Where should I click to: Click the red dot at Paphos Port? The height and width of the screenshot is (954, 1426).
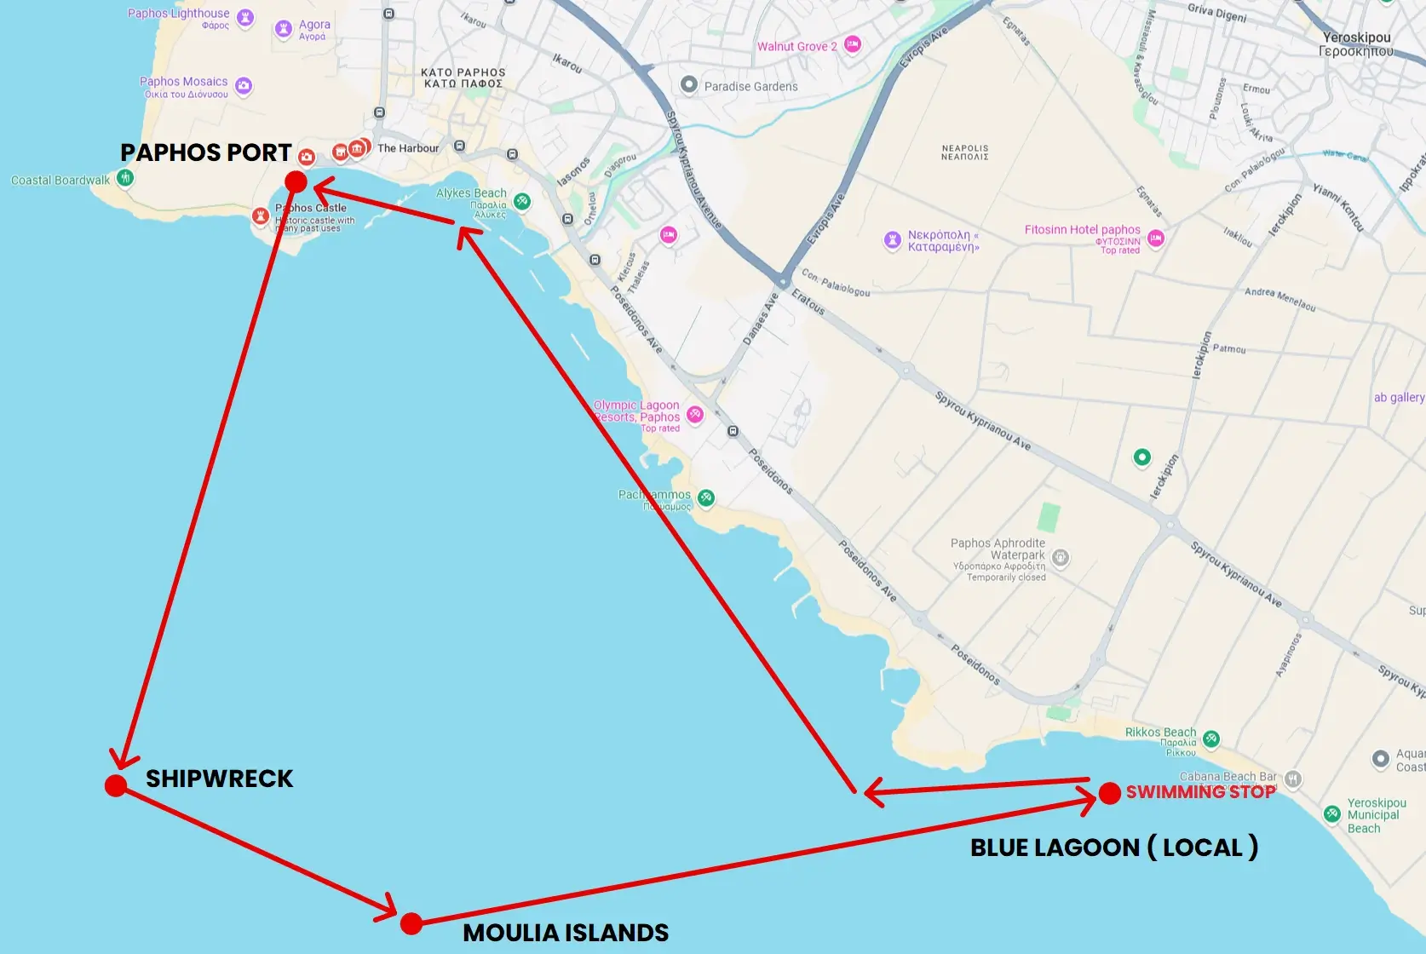click(x=296, y=181)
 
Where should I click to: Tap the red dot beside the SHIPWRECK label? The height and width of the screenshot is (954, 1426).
click(x=116, y=785)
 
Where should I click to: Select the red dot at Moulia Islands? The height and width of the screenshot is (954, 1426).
click(x=411, y=923)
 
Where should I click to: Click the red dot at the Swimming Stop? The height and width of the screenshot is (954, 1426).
click(x=1109, y=794)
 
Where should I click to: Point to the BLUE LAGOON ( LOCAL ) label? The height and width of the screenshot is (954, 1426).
click(x=1113, y=848)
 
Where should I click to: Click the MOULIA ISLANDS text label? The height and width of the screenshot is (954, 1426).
click(x=566, y=933)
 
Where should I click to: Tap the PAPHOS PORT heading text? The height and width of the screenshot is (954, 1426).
click(x=206, y=152)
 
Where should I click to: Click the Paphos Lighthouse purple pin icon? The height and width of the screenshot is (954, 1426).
click(x=245, y=18)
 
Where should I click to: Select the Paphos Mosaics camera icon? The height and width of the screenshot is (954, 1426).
click(x=244, y=85)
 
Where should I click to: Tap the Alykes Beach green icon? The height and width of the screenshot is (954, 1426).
click(x=522, y=201)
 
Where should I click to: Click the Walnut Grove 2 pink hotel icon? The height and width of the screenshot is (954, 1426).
click(x=853, y=44)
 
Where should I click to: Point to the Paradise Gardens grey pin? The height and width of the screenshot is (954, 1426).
click(x=689, y=84)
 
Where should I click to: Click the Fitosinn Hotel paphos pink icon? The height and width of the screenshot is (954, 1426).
click(x=1156, y=238)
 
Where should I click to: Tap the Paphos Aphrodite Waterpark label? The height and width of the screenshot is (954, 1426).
click(x=998, y=549)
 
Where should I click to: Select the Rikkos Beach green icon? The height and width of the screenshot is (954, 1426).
click(x=1211, y=738)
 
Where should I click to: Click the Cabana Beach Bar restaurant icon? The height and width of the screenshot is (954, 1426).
click(x=1293, y=778)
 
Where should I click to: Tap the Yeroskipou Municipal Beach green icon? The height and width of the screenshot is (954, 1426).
click(x=1332, y=813)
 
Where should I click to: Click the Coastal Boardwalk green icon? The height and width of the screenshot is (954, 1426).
click(x=125, y=178)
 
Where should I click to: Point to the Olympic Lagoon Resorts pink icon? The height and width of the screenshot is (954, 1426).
click(x=695, y=415)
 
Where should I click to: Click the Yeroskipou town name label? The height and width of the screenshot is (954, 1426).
click(x=1356, y=44)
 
